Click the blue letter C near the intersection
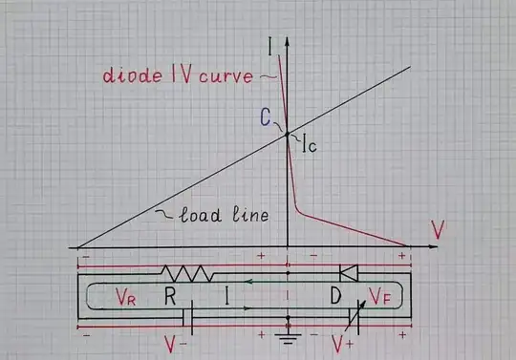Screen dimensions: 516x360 pos(264,119)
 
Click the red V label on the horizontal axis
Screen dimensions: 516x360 pos(438,229)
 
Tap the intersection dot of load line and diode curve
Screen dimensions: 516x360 pos(287,134)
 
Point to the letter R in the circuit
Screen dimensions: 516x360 pos(169,296)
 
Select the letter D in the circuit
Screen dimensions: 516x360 pos(335,296)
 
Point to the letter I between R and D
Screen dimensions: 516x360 pos(226,296)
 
